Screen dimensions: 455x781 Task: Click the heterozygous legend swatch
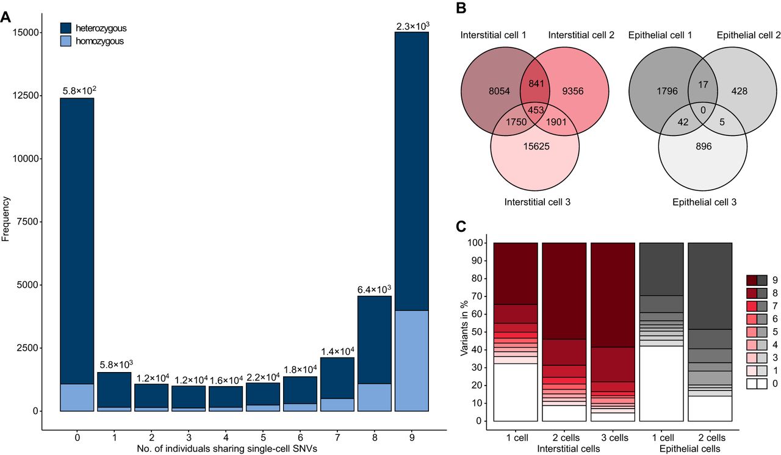pos(67,28)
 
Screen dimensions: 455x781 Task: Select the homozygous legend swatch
pos(67,41)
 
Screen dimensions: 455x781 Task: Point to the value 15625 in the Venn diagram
pos(535,147)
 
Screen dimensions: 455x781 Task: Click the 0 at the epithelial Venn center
pos(704,110)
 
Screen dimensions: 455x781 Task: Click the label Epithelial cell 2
pos(749,37)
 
